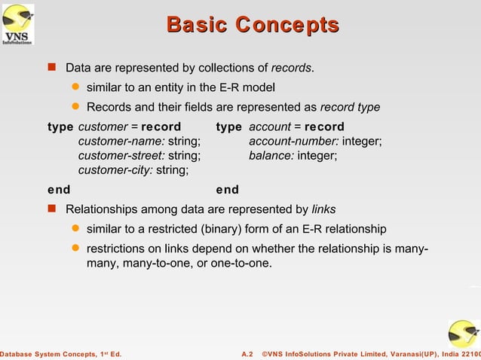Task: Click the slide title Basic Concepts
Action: [253, 25]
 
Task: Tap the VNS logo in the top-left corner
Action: [19, 24]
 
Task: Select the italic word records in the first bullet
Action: [292, 69]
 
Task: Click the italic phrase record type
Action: [350, 107]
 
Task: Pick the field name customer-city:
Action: [115, 170]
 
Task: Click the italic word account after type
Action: [269, 127]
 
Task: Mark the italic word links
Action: [324, 209]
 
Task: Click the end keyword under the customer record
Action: [59, 190]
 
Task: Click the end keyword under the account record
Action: [227, 190]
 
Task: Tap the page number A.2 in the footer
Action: [247, 354]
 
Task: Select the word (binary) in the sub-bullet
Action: [223, 229]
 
